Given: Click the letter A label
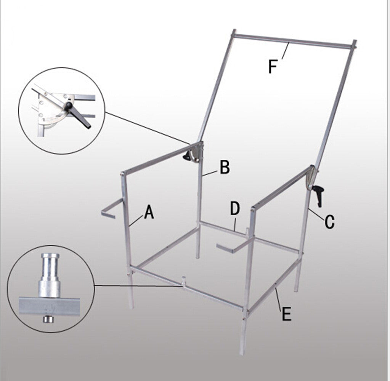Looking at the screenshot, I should click(x=149, y=212).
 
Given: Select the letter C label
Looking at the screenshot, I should click(x=329, y=222).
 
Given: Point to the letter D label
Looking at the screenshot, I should click(x=235, y=209).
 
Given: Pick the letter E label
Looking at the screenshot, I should click(x=286, y=314).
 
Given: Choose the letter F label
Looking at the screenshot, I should click(x=273, y=66).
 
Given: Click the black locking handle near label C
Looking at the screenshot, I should click(x=317, y=195).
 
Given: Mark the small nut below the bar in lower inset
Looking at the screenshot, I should click(x=47, y=319).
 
